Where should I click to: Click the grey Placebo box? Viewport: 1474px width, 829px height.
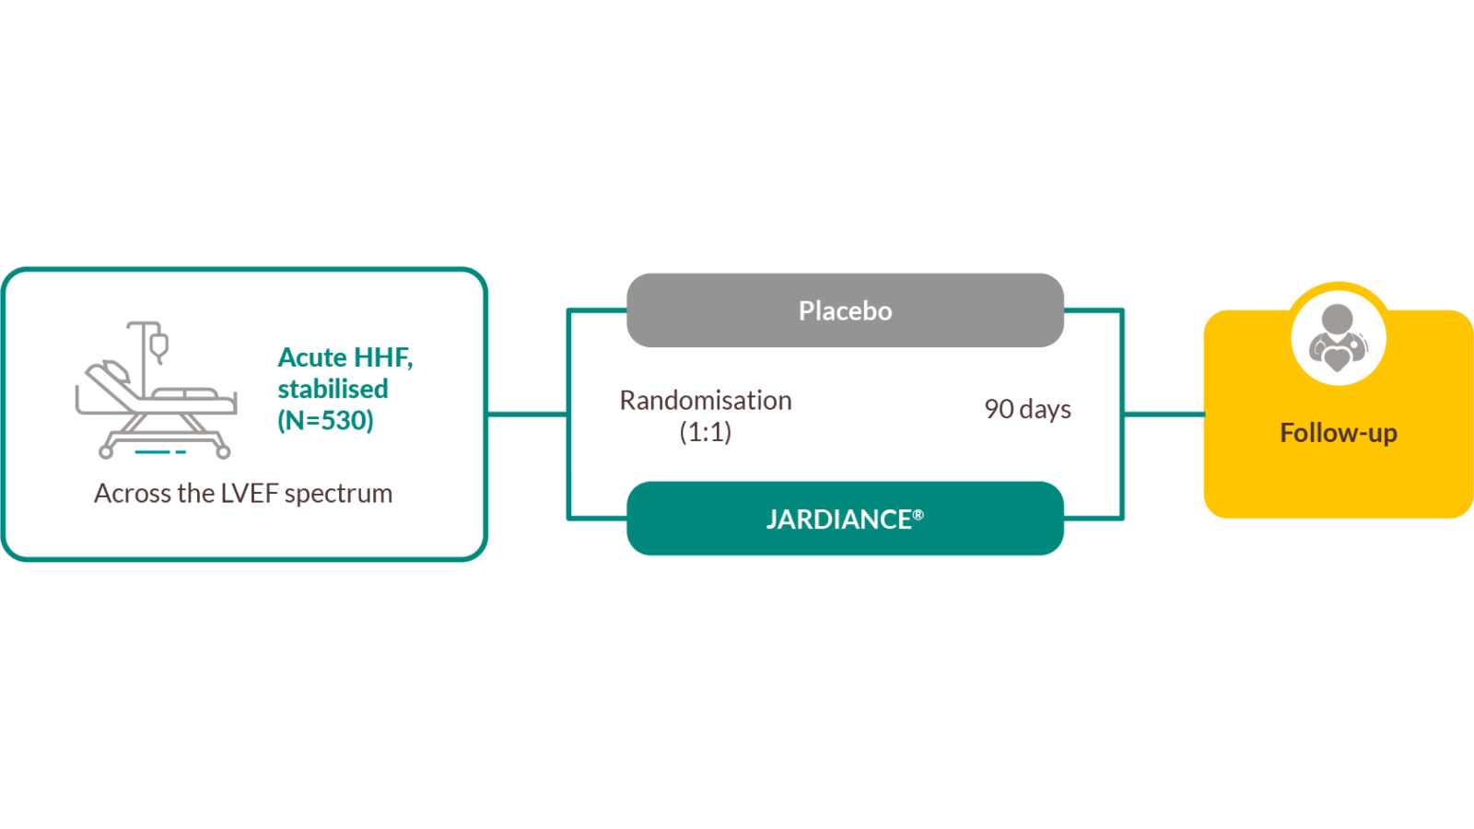[845, 310]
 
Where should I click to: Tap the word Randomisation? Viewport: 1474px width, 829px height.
[706, 401]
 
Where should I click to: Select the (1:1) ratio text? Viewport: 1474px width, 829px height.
[706, 432]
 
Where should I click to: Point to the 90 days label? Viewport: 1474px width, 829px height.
[1027, 409]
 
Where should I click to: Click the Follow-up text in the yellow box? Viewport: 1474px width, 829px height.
[1338, 433]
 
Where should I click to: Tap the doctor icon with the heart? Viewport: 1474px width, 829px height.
[1338, 338]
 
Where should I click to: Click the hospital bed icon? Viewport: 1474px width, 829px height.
[157, 405]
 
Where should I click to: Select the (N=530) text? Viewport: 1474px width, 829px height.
[325, 421]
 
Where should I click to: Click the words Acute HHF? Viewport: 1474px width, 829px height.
[345, 357]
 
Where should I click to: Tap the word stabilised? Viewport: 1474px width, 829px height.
[333, 389]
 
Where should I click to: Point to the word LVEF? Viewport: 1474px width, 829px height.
[250, 494]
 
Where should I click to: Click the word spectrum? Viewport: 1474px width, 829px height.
[338, 495]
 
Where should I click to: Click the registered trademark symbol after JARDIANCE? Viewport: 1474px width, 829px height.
[918, 515]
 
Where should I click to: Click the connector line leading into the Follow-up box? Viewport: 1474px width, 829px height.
[1164, 414]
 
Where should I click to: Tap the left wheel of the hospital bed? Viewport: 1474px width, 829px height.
[106, 452]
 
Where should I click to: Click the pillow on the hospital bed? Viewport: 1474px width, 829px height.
[117, 371]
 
